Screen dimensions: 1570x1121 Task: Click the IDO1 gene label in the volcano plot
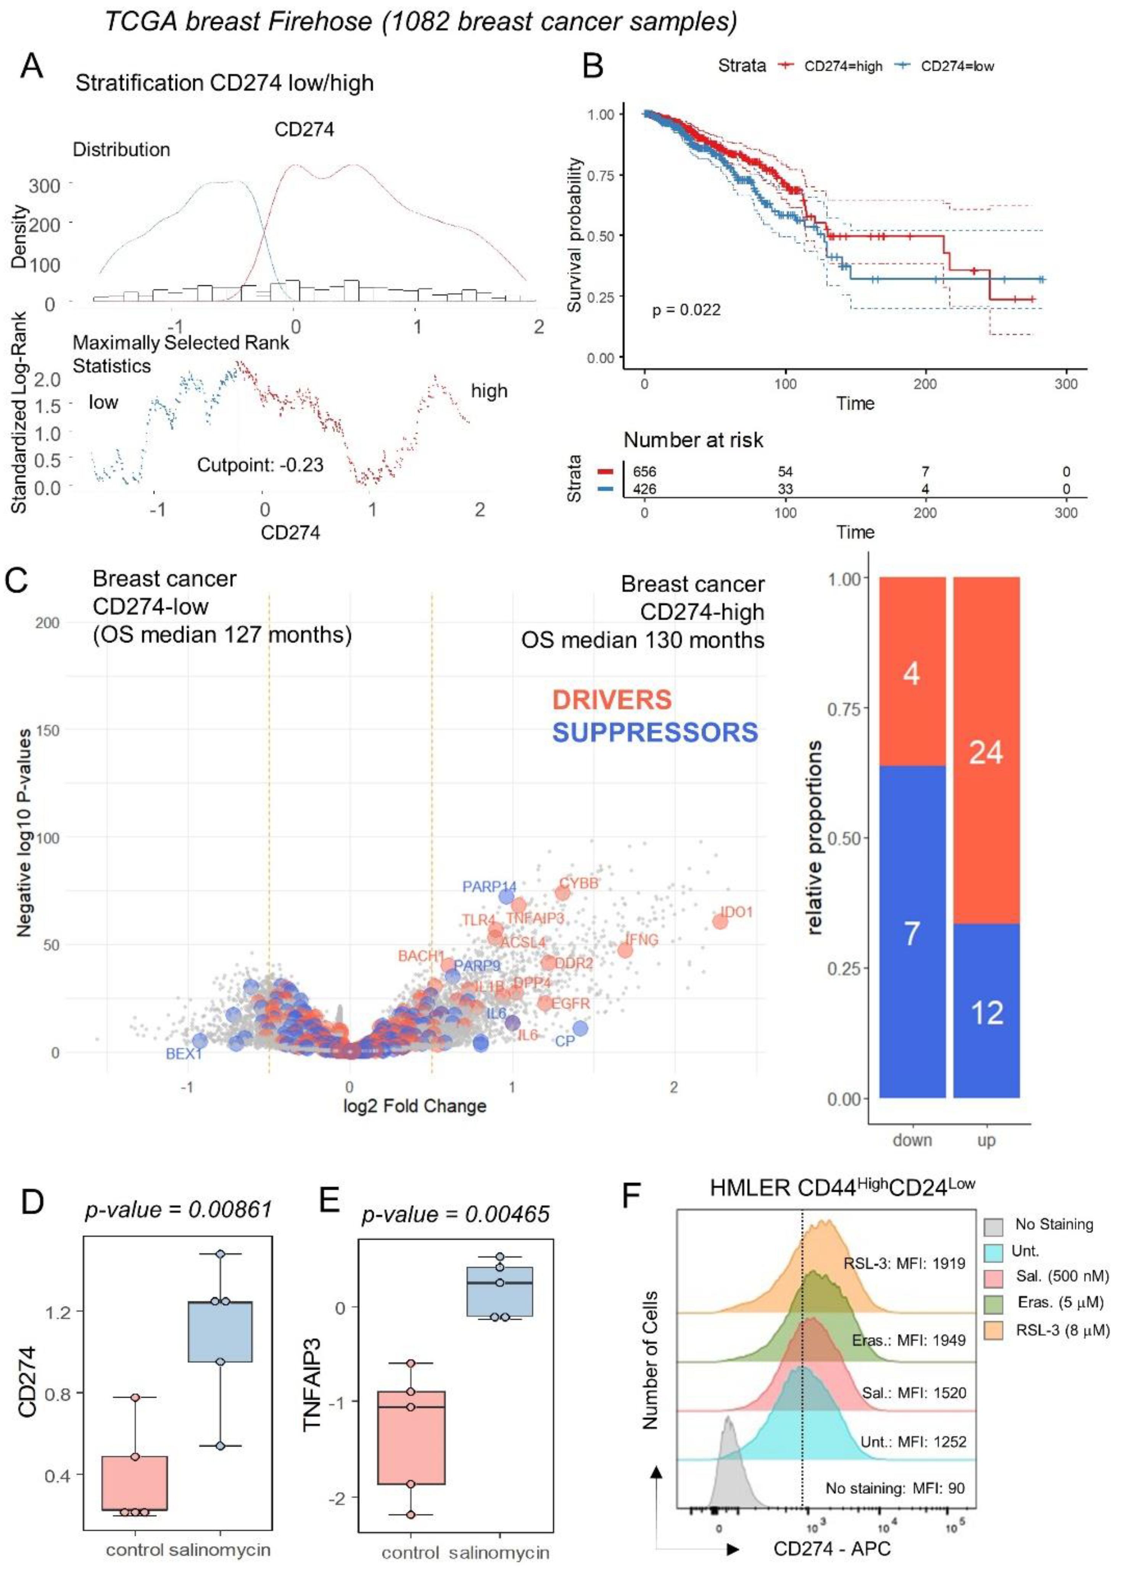(736, 912)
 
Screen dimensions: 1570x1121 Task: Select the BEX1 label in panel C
(184, 1054)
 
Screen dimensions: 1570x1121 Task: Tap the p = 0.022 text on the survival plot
(686, 310)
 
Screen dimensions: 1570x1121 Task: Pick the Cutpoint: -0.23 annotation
(260, 465)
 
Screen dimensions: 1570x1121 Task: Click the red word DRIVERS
(612, 700)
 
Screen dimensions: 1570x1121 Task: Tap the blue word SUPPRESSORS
(655, 733)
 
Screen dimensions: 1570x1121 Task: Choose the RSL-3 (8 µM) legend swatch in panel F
(993, 1330)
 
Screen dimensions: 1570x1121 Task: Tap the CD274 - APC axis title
(832, 1549)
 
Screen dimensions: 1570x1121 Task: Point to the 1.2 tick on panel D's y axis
(58, 1312)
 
